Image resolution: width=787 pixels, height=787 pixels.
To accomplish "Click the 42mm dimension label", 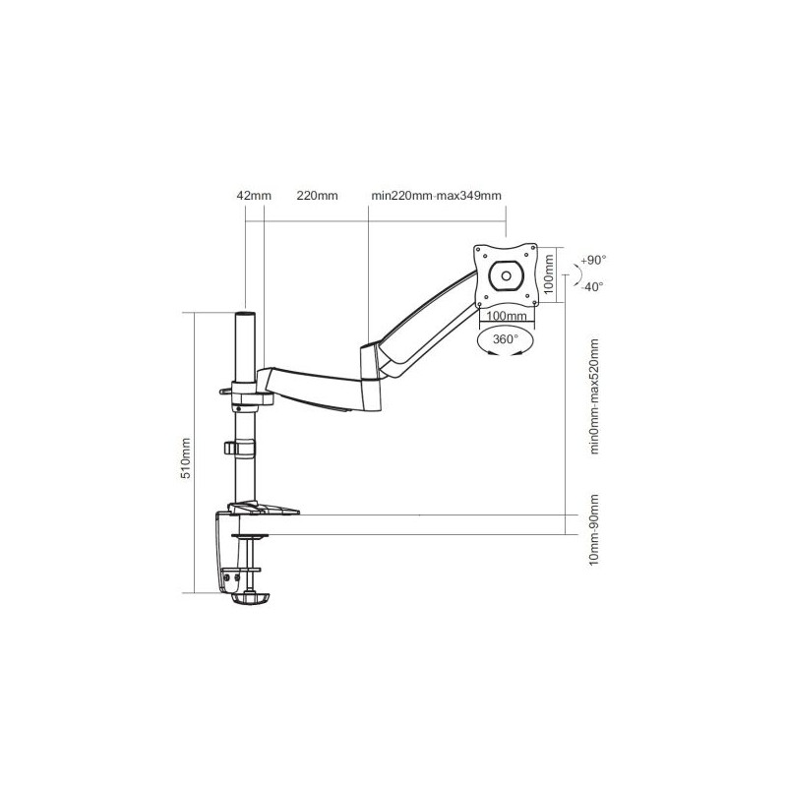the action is (254, 195).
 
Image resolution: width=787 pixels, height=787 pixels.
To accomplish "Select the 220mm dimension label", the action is (317, 195).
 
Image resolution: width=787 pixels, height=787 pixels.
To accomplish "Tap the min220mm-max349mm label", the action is (436, 195).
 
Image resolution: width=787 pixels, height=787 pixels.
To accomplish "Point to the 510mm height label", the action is (186, 458).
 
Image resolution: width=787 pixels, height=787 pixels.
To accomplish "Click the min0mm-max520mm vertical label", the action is (595, 396).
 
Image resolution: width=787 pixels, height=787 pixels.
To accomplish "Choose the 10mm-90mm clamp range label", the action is (595, 529).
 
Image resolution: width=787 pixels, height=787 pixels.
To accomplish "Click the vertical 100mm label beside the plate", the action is (549, 274).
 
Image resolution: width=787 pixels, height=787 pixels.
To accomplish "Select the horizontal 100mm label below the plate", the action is (507, 316).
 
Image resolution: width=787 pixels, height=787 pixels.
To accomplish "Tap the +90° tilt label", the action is (593, 260).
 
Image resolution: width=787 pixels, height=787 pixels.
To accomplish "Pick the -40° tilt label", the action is (592, 286).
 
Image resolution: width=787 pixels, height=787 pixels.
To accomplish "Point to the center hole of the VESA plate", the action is (506, 275).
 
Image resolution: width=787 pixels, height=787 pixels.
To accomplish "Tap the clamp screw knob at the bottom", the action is (250, 599).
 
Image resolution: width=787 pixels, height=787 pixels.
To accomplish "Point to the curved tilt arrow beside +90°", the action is (576, 274).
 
